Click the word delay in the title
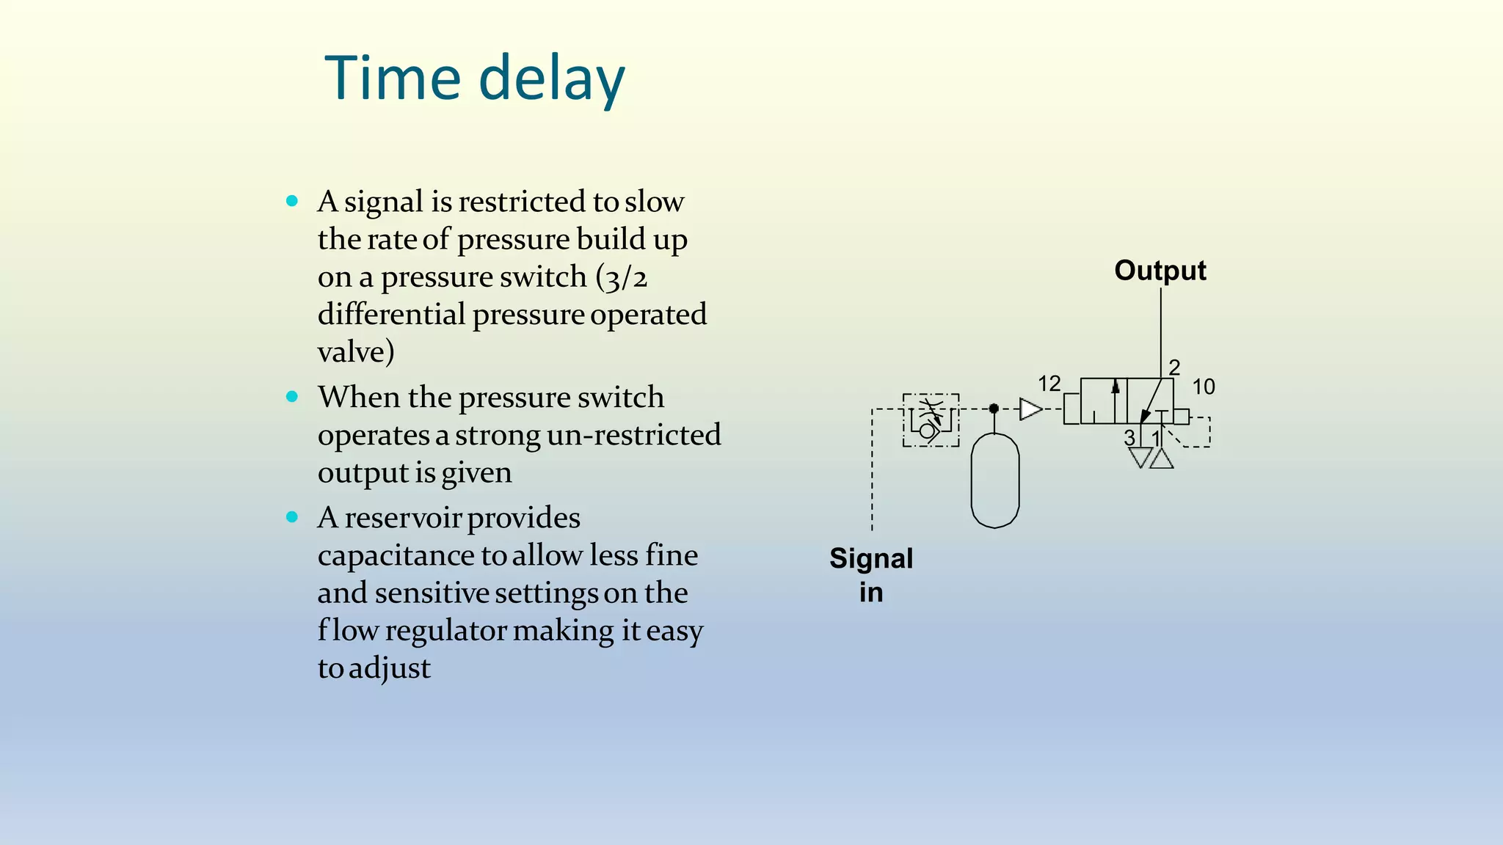(x=552, y=78)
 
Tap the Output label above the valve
(x=1160, y=271)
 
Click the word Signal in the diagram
(x=871, y=559)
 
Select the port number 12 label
(x=1049, y=384)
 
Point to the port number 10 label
(x=1203, y=387)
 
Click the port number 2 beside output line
(x=1174, y=367)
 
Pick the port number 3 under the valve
(x=1129, y=438)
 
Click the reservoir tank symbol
(x=994, y=480)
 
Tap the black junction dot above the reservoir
(x=994, y=409)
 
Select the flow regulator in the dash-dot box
(x=931, y=420)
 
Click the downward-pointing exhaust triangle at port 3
(x=1140, y=458)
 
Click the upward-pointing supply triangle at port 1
(x=1161, y=459)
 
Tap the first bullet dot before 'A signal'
(x=292, y=201)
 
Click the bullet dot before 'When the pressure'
(x=292, y=397)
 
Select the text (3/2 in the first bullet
(x=621, y=277)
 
